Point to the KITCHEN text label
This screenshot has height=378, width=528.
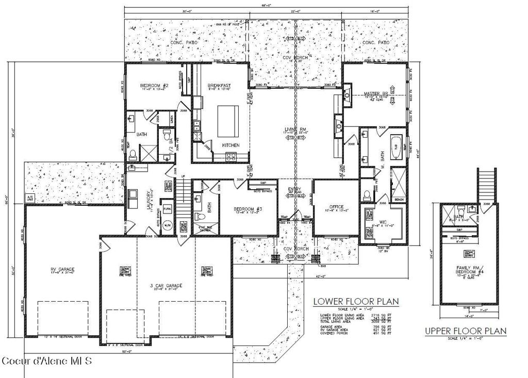[x=230, y=145]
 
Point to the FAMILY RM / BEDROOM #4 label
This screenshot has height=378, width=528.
[x=468, y=270]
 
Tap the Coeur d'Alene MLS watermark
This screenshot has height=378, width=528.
[x=46, y=360]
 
